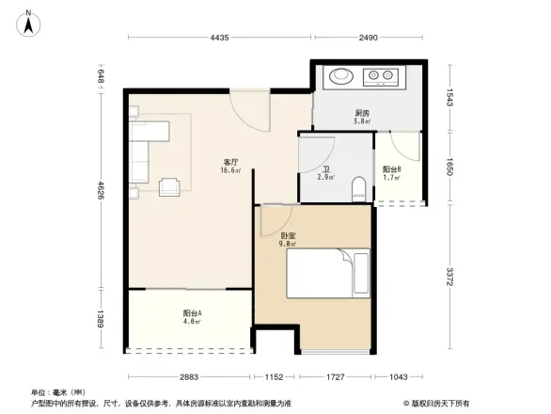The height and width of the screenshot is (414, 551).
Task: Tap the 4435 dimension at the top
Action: click(x=219, y=38)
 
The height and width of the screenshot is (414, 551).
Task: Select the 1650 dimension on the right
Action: click(x=449, y=166)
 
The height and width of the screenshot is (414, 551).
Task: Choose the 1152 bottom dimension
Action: click(x=274, y=376)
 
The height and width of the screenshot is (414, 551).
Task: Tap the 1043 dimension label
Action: click(x=399, y=376)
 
